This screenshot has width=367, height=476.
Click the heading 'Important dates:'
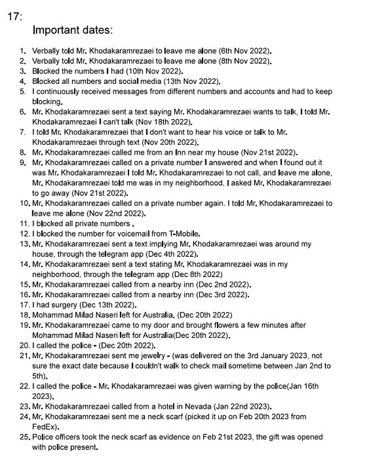72,29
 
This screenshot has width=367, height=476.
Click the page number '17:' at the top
15,17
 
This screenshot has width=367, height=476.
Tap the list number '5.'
23,91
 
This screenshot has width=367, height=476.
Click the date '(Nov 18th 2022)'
164,122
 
